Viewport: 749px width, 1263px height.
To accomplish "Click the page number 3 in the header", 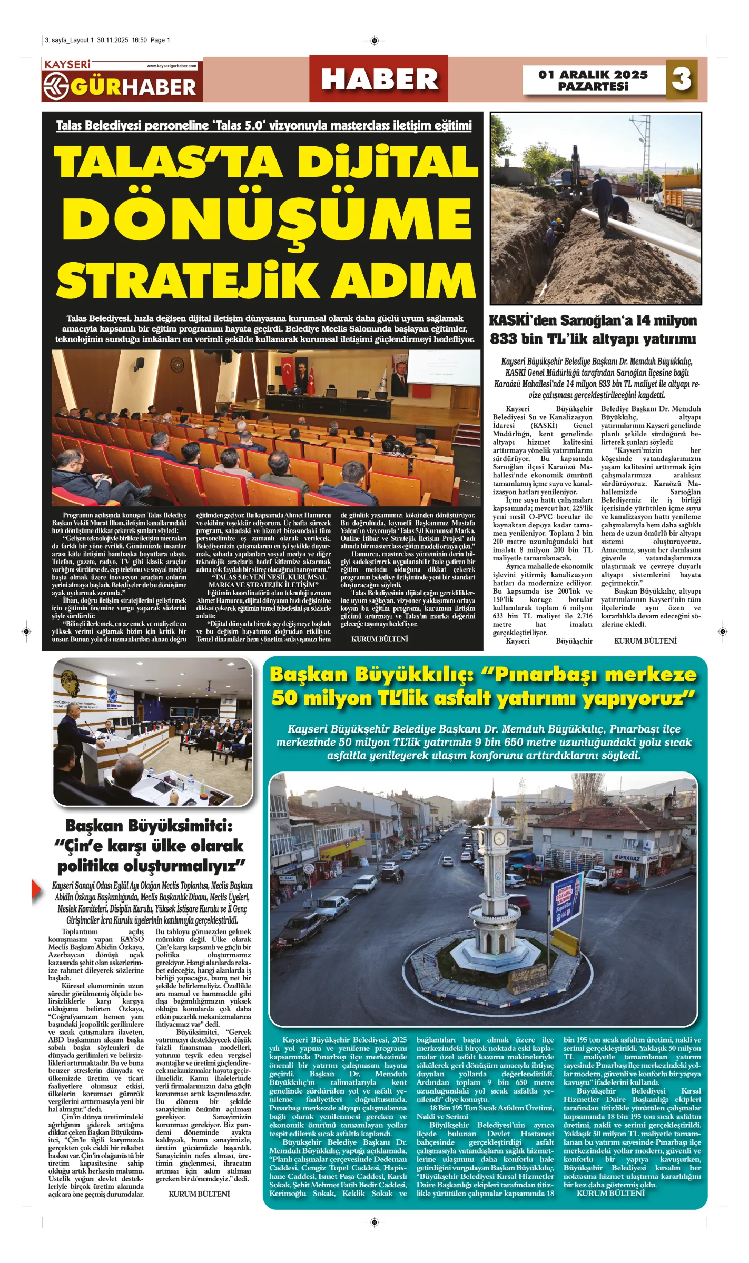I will (682, 79).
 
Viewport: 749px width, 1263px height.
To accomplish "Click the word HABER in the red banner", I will (379, 79).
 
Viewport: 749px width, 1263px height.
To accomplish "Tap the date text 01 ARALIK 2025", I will (593, 75).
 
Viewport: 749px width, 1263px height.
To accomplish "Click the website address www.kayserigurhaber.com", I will (171, 66).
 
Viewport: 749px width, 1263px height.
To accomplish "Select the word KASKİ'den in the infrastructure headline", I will (523, 320).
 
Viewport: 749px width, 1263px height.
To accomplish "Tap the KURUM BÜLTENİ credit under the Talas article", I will (379, 639).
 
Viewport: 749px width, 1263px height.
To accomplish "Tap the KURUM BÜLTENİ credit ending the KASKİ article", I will (645, 641).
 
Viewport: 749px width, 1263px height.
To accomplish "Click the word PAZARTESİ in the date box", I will (593, 86).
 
